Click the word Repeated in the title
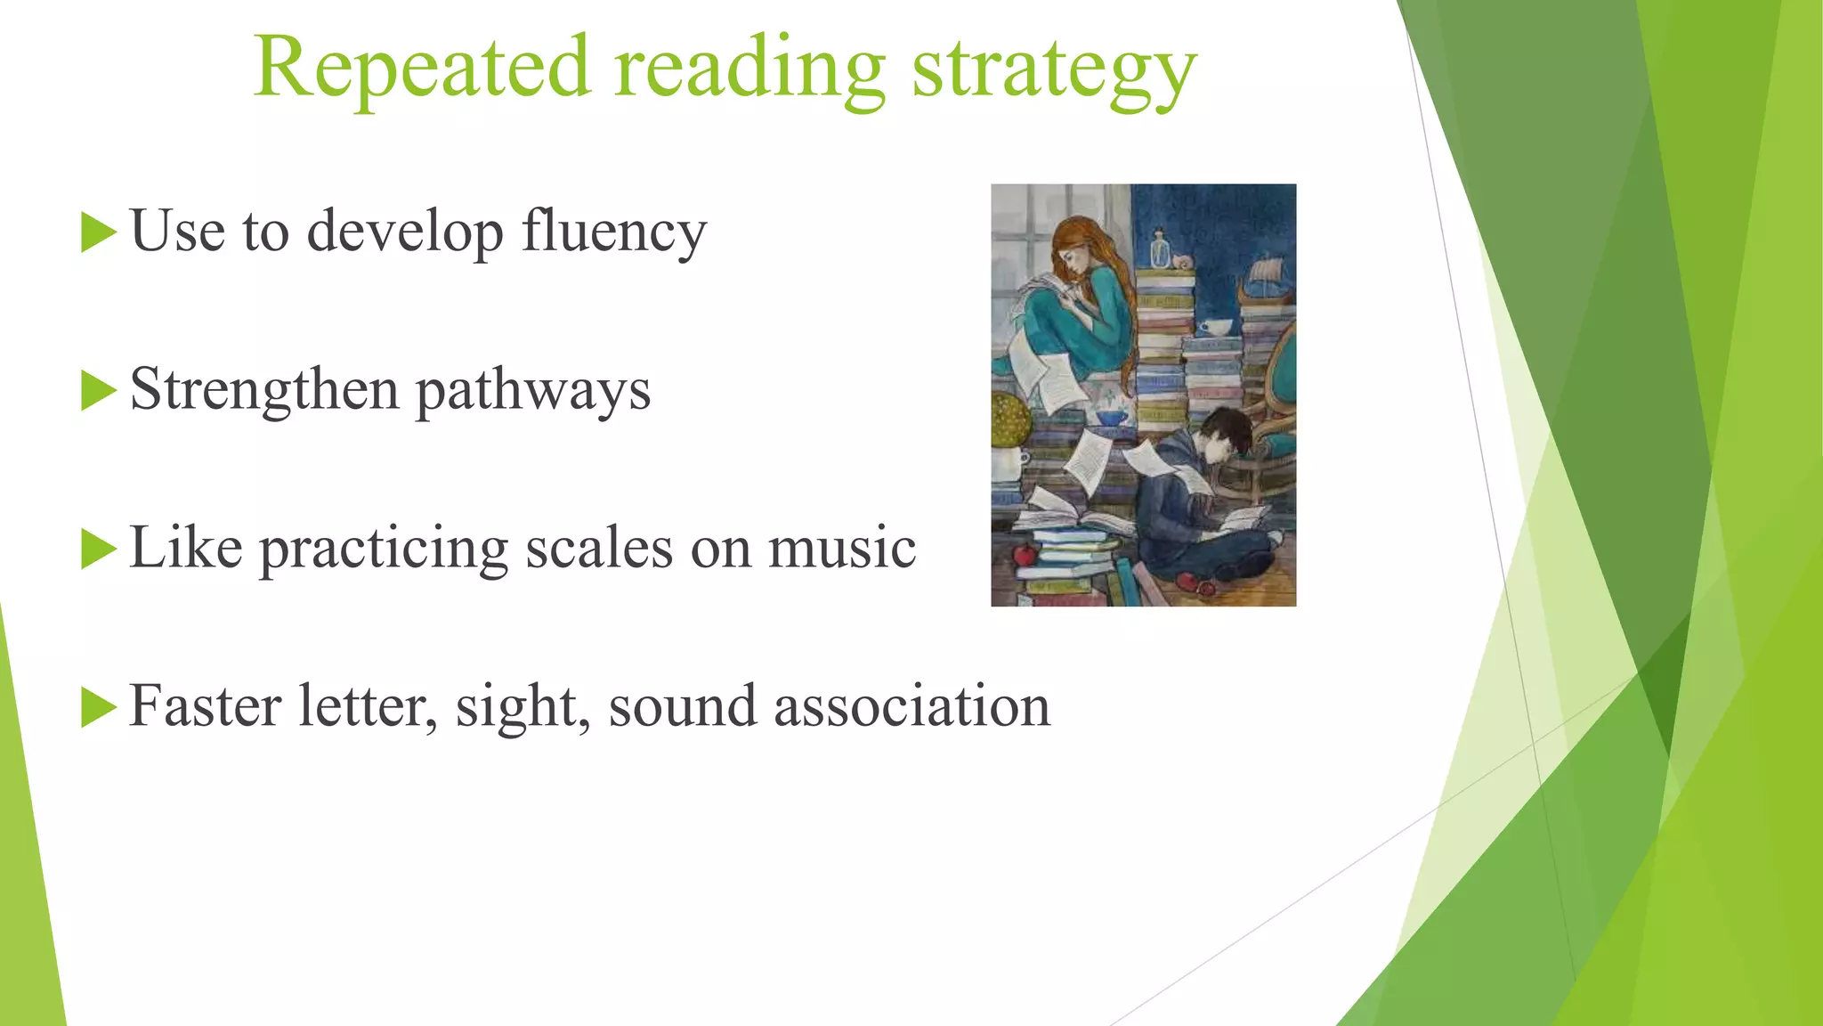pyautogui.click(x=422, y=68)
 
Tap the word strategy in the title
pyautogui.click(x=1054, y=71)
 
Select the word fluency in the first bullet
pyautogui.click(x=614, y=232)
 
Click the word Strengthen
pyautogui.click(x=264, y=390)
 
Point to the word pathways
pyautogui.click(x=533, y=392)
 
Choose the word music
pyautogui.click(x=842, y=547)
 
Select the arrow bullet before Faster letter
pyautogui.click(x=98, y=707)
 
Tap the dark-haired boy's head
pyautogui.click(x=1223, y=436)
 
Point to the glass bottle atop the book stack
pyautogui.click(x=1159, y=249)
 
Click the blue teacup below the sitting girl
pyautogui.click(x=1111, y=417)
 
